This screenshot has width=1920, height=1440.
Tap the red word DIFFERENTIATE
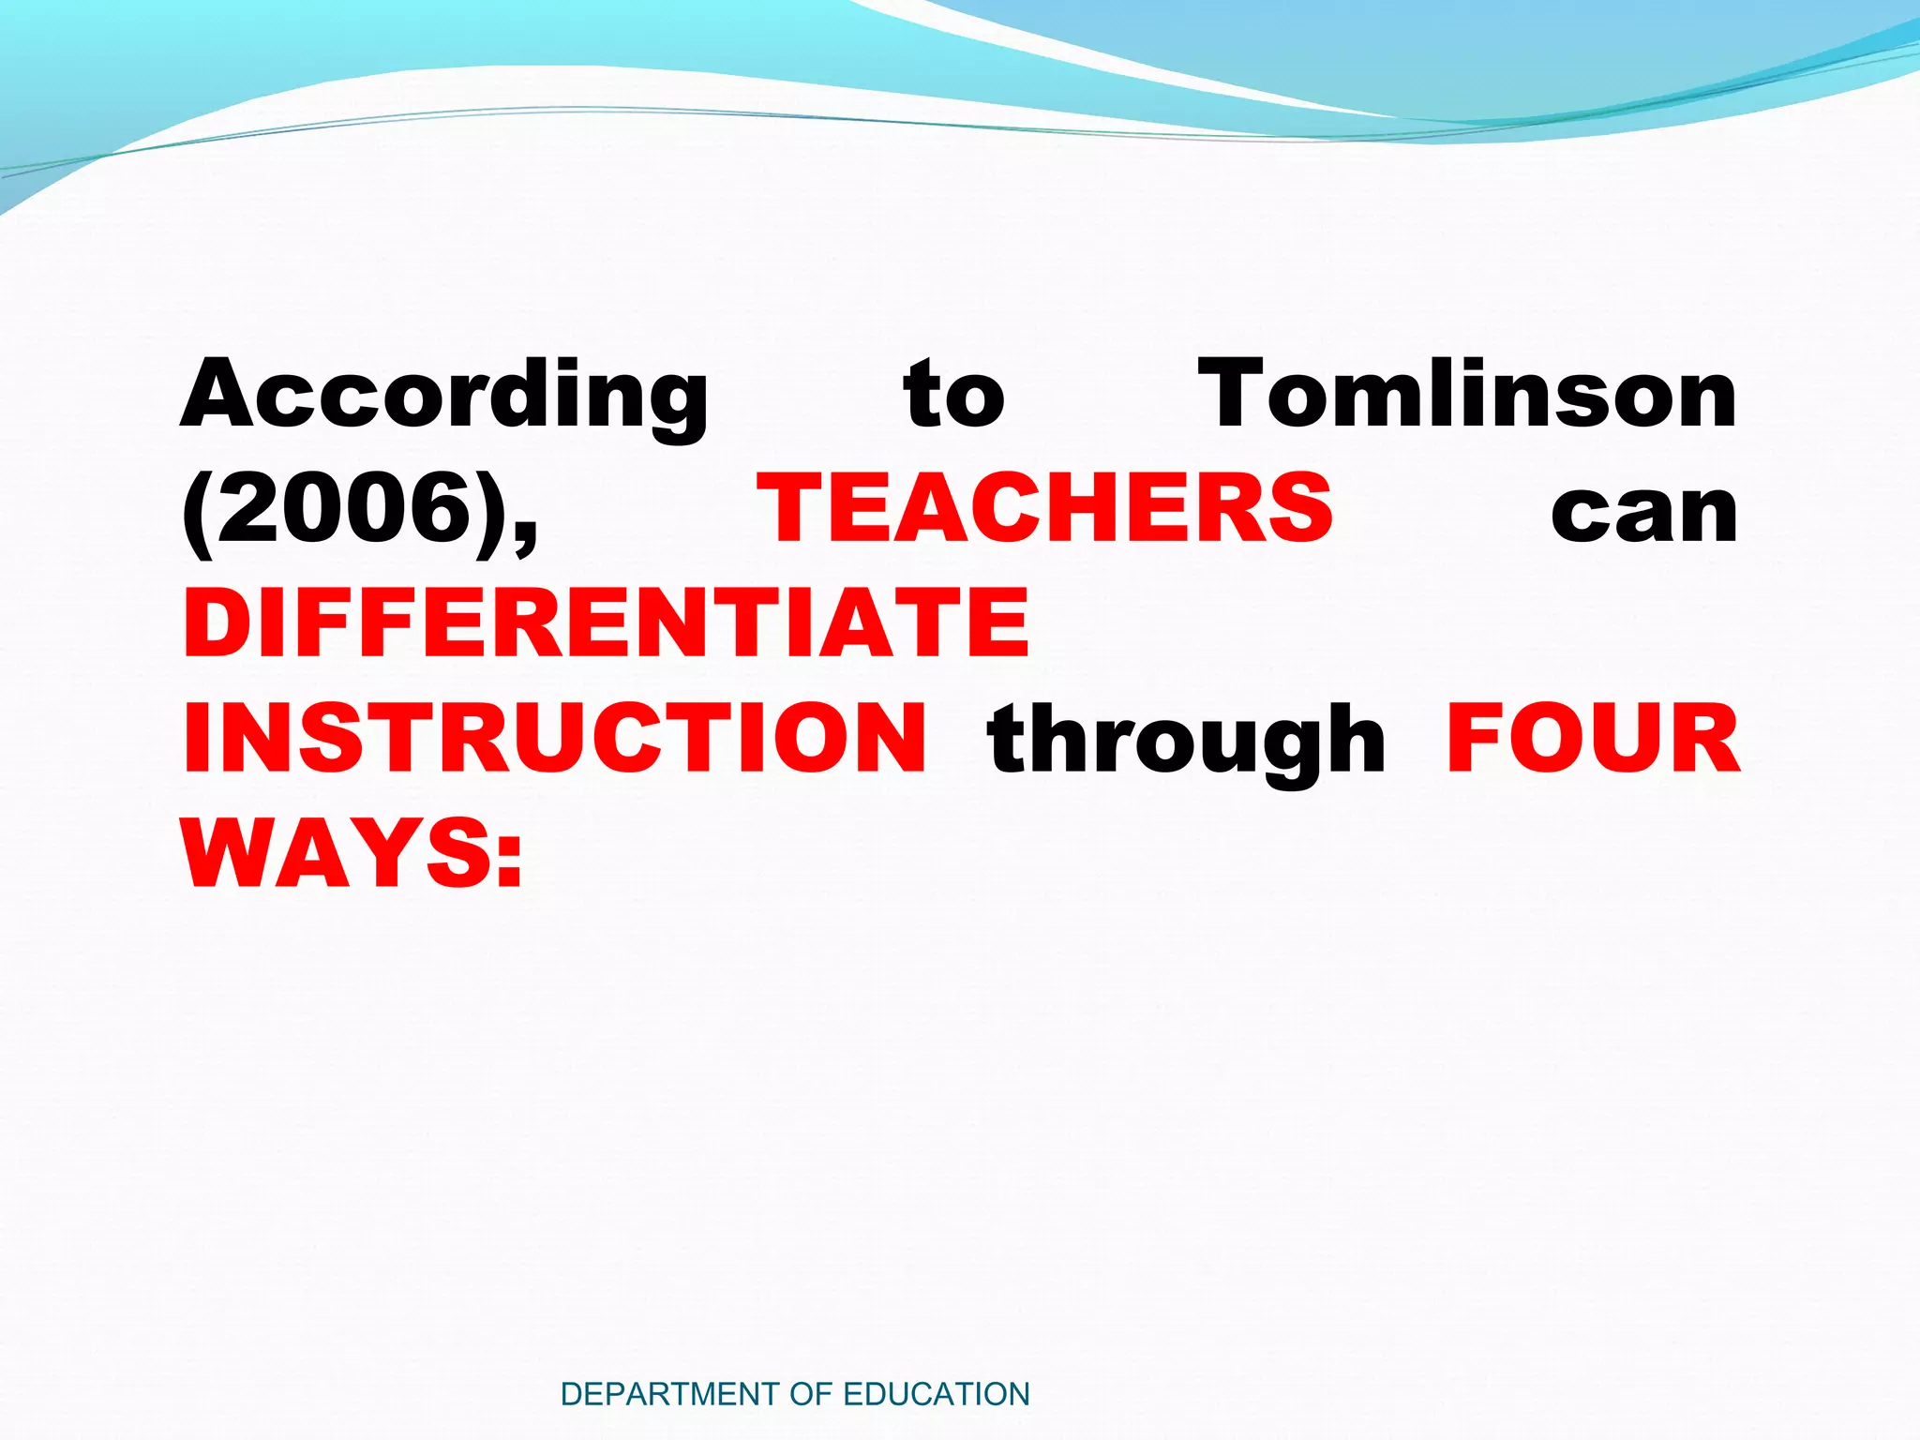coord(607,622)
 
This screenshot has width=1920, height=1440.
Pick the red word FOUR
coord(1593,738)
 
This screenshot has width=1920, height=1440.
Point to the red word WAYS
coord(337,853)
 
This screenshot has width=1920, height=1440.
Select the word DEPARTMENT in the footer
coord(669,1394)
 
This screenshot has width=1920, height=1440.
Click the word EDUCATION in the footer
coord(937,1394)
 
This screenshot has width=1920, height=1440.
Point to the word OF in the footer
coord(812,1394)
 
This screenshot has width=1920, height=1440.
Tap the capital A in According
coord(221,394)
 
